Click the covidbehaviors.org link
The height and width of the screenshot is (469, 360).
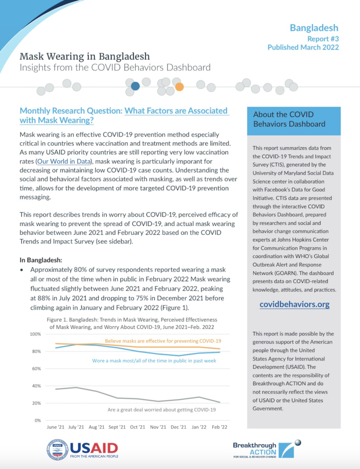(294, 304)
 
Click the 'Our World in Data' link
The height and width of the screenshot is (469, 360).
(64, 161)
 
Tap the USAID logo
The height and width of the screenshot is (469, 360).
(82, 449)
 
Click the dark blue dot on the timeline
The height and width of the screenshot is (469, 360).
(135, 86)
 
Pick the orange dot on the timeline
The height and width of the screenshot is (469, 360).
(179, 87)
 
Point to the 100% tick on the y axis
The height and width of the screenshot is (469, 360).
(35, 334)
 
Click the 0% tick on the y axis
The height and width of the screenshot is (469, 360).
(37, 420)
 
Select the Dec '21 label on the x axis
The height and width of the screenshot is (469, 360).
(178, 427)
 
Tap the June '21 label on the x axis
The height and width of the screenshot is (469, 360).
(56, 427)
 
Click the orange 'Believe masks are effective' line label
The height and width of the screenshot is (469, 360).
(163, 341)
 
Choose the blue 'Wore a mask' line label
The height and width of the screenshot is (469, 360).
(154, 361)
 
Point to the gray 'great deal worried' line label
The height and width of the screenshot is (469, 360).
(162, 410)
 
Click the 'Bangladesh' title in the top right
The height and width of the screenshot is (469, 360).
(314, 28)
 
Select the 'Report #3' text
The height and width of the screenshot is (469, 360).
(323, 39)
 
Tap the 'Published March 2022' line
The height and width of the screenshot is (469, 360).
(303, 47)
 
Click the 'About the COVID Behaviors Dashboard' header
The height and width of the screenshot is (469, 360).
(289, 119)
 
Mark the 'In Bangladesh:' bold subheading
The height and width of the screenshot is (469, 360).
(41, 260)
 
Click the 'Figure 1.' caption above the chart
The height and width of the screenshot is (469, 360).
(132, 323)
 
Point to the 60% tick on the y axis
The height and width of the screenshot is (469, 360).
(36, 368)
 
